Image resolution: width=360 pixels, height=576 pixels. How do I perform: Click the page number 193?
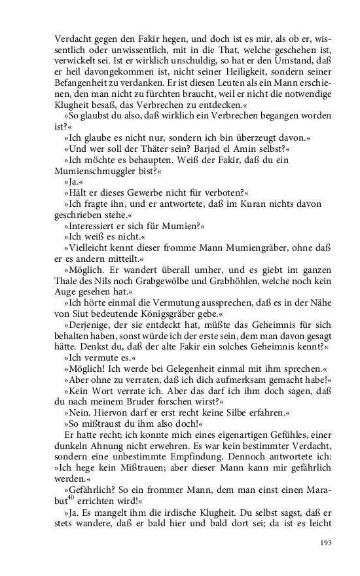click(327, 543)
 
